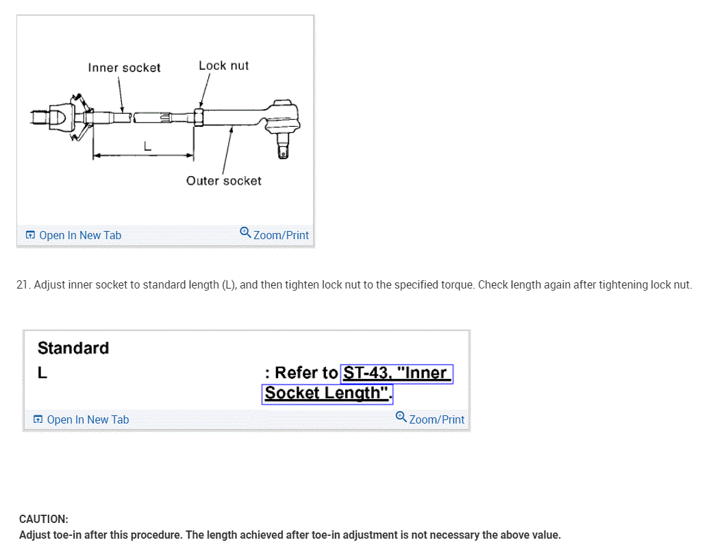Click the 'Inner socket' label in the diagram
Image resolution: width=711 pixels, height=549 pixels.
[x=124, y=68]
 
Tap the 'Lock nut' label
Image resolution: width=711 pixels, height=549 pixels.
[x=223, y=66]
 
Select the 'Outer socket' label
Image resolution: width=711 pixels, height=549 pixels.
[x=223, y=181]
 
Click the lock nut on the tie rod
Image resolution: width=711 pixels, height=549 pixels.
[x=198, y=116]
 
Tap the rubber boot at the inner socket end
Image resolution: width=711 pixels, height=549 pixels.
[x=77, y=117]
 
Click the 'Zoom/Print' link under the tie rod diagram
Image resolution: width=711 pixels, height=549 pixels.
[x=281, y=235]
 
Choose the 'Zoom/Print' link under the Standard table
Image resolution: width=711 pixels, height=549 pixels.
[x=436, y=419]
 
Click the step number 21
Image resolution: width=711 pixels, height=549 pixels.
[x=22, y=284]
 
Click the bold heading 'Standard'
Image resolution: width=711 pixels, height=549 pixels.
[x=73, y=348]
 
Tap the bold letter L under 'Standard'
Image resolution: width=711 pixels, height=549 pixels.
[x=42, y=374]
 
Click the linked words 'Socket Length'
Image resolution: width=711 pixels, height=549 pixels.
[x=323, y=393]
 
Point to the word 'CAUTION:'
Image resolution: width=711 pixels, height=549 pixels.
[x=44, y=520]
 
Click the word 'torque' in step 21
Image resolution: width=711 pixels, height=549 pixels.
[x=458, y=284]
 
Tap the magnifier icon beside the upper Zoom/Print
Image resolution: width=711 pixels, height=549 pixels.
[x=245, y=232]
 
